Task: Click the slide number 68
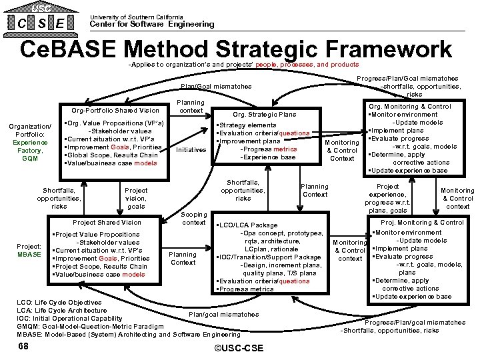24,347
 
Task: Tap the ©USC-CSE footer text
237,348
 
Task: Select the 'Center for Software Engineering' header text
152,24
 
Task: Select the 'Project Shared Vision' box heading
107,222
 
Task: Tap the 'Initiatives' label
191,150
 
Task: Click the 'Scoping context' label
193,218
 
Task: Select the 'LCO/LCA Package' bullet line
249,225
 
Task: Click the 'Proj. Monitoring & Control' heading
422,222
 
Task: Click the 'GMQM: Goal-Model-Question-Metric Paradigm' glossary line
90,327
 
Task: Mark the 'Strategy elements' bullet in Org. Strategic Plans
247,125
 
